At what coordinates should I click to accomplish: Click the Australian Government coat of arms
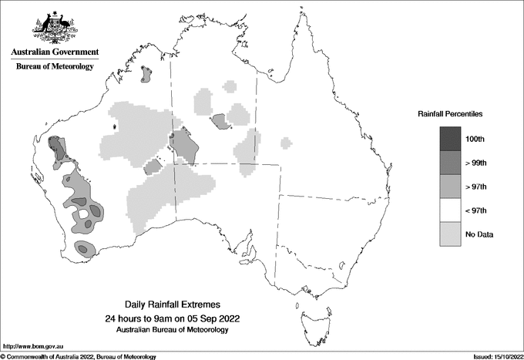tap(55, 25)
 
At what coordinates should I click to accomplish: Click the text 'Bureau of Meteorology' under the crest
tap(55, 67)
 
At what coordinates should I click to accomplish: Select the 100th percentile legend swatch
tap(450, 139)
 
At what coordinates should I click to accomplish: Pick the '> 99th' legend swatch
tap(450, 163)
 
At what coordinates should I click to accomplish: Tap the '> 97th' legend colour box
tap(450, 187)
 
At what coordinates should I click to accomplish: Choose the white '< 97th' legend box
tap(450, 210)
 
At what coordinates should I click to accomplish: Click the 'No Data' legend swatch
tap(450, 234)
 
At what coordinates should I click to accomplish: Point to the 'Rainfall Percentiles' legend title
tap(450, 113)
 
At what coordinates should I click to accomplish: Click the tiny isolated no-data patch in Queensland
tap(287, 143)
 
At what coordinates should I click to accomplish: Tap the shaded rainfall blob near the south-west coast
tap(85, 248)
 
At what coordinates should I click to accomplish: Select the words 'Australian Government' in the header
tap(55, 52)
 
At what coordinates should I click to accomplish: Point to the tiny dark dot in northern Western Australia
tap(115, 126)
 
